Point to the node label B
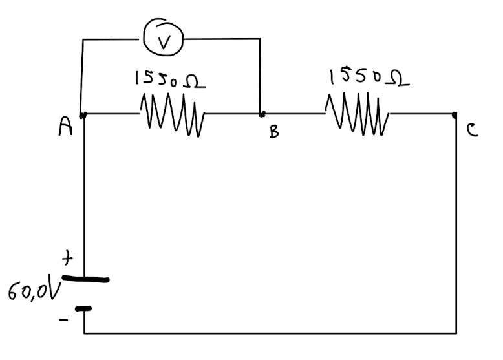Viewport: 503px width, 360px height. point(274,132)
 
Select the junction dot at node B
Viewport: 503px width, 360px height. point(261,115)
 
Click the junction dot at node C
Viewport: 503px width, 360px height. point(456,114)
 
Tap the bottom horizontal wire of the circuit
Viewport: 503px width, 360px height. point(272,334)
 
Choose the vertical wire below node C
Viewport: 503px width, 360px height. point(456,226)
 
